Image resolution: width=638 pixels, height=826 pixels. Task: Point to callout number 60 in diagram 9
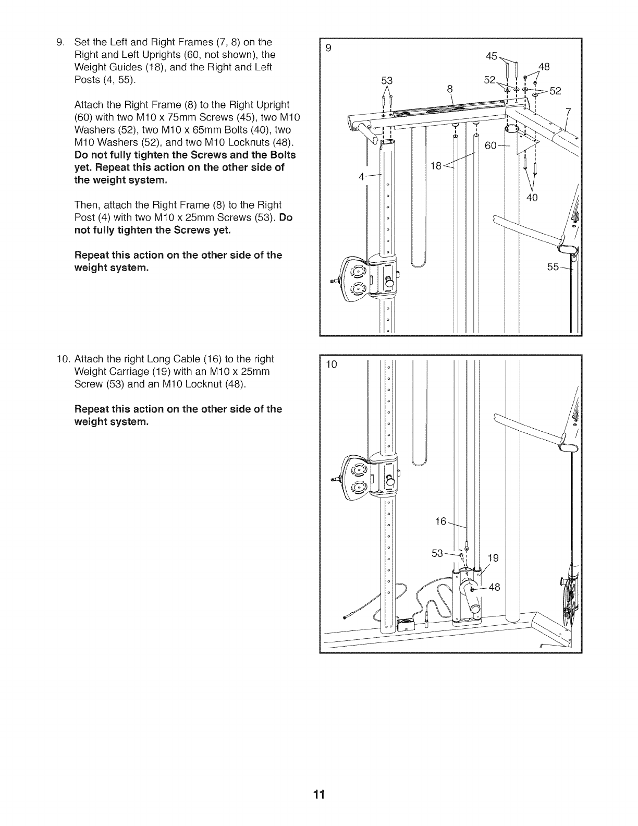pyautogui.click(x=491, y=145)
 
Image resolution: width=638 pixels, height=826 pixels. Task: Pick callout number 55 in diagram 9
pyautogui.click(x=553, y=267)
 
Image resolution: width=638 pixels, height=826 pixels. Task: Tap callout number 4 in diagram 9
pyautogui.click(x=361, y=176)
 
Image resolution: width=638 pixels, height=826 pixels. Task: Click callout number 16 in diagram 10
pyautogui.click(x=441, y=521)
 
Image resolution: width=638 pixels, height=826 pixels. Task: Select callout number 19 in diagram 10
pyautogui.click(x=493, y=558)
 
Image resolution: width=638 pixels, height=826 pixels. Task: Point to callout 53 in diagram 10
pyautogui.click(x=437, y=553)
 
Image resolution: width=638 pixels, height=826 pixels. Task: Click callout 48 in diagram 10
pyautogui.click(x=494, y=587)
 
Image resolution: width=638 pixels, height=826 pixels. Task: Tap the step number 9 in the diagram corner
pyautogui.click(x=328, y=48)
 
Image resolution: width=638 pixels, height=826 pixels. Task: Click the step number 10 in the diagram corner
pyautogui.click(x=332, y=364)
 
